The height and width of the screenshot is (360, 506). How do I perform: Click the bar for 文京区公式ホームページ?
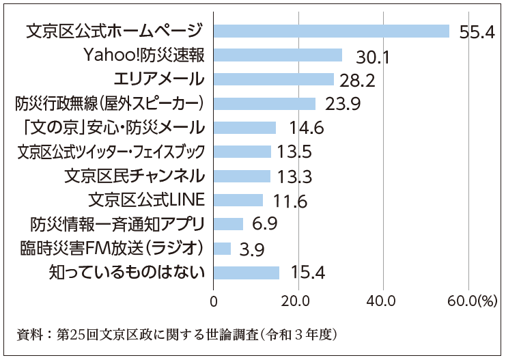coord(331,31)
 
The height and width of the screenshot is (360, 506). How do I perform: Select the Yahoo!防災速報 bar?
coord(278,55)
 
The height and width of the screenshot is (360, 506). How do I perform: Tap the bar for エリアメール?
coord(274,79)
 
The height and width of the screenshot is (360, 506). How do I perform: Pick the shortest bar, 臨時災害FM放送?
coord(223,247)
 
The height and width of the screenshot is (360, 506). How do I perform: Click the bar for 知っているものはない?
coord(247,273)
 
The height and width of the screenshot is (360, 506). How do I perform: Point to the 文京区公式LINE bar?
coord(238,199)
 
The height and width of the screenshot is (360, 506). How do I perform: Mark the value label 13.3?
coord(295,177)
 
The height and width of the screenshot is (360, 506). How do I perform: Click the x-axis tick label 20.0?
coord(298,301)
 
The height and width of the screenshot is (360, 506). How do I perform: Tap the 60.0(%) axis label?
coord(474,301)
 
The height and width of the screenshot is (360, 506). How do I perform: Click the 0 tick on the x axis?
coord(214,301)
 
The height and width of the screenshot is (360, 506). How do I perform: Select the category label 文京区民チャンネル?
coord(135,176)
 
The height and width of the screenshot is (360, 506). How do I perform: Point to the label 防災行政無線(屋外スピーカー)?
coord(110,103)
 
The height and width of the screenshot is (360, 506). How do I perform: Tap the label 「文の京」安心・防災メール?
coord(110,127)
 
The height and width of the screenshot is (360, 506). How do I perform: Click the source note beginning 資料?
coord(178,335)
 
